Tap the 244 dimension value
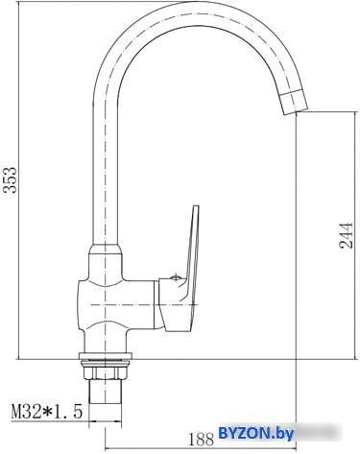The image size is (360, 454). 346,235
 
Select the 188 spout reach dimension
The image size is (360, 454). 201,439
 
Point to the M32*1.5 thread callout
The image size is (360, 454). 47,412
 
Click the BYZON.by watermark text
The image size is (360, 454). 255,434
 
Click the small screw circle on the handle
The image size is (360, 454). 176,277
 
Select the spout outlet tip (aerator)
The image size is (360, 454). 293,102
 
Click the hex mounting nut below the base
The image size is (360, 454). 106,371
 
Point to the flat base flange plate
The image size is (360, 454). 106,356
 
